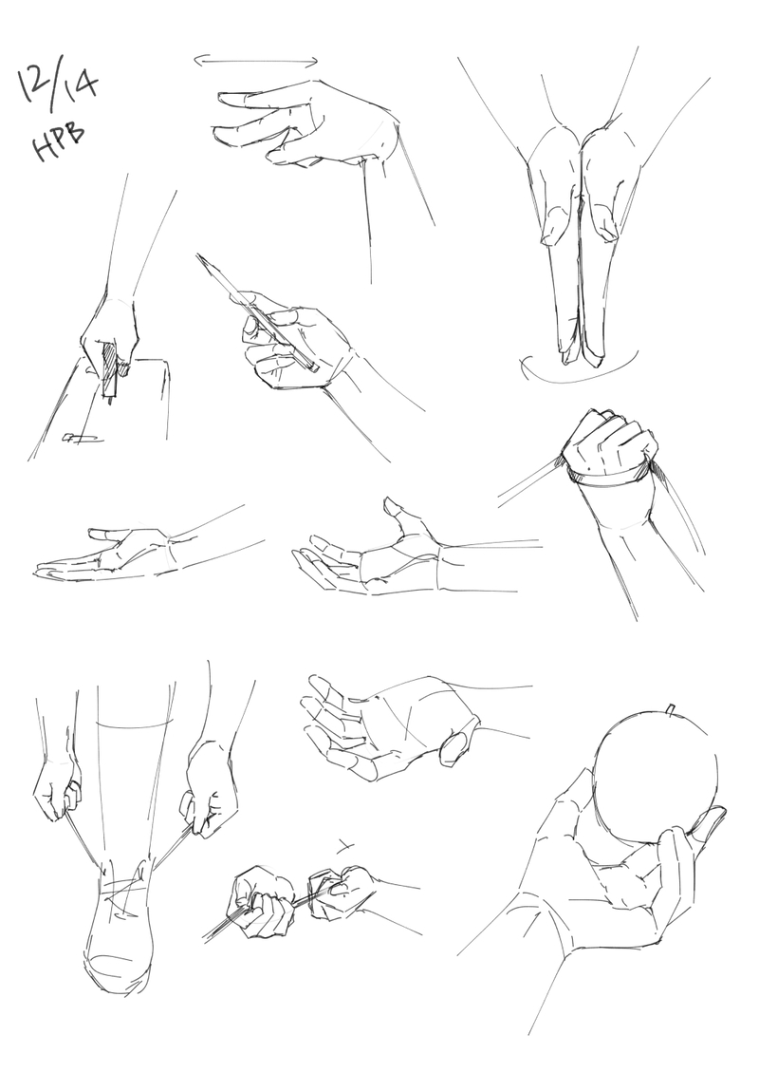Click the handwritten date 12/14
pyautogui.click(x=58, y=85)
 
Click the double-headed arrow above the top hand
pyautogui.click(x=256, y=62)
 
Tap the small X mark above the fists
pyautogui.click(x=345, y=848)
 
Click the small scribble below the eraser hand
pyautogui.click(x=82, y=438)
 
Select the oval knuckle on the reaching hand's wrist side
pyautogui.click(x=455, y=748)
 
